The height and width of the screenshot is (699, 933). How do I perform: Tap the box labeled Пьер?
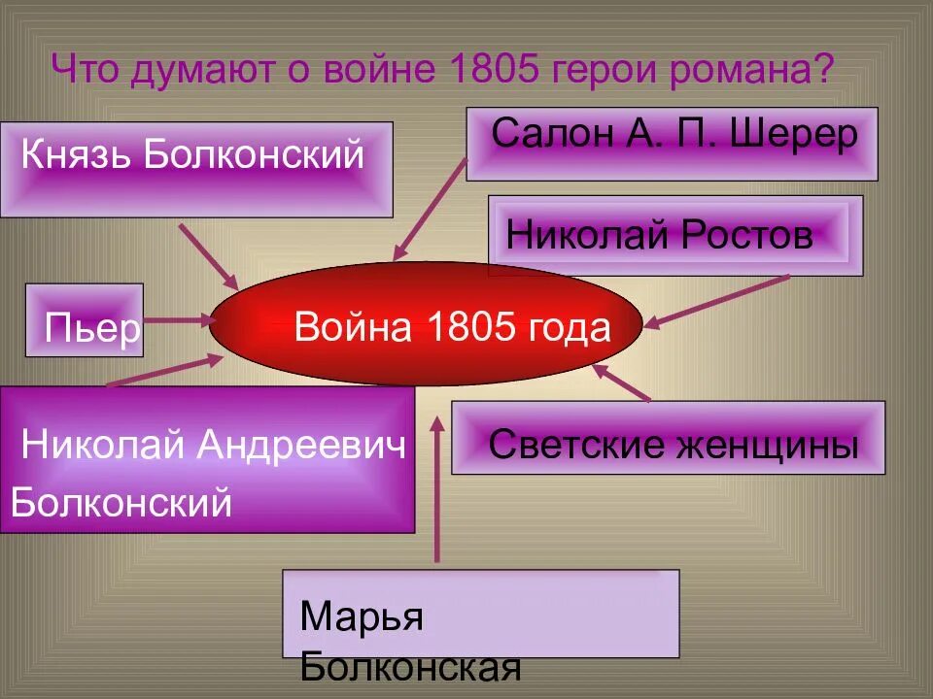coord(85,320)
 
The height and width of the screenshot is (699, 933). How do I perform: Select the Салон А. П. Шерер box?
coord(672,144)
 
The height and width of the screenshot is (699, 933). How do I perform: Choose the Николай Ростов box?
coord(674,236)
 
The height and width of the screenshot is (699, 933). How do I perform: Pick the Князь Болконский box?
coord(196,169)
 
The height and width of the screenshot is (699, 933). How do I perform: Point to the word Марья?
coord(362,617)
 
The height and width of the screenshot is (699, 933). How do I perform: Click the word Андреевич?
coord(301,447)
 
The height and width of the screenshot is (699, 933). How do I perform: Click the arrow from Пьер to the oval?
coord(181,318)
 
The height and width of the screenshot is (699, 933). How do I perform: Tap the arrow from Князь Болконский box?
coord(208,255)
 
